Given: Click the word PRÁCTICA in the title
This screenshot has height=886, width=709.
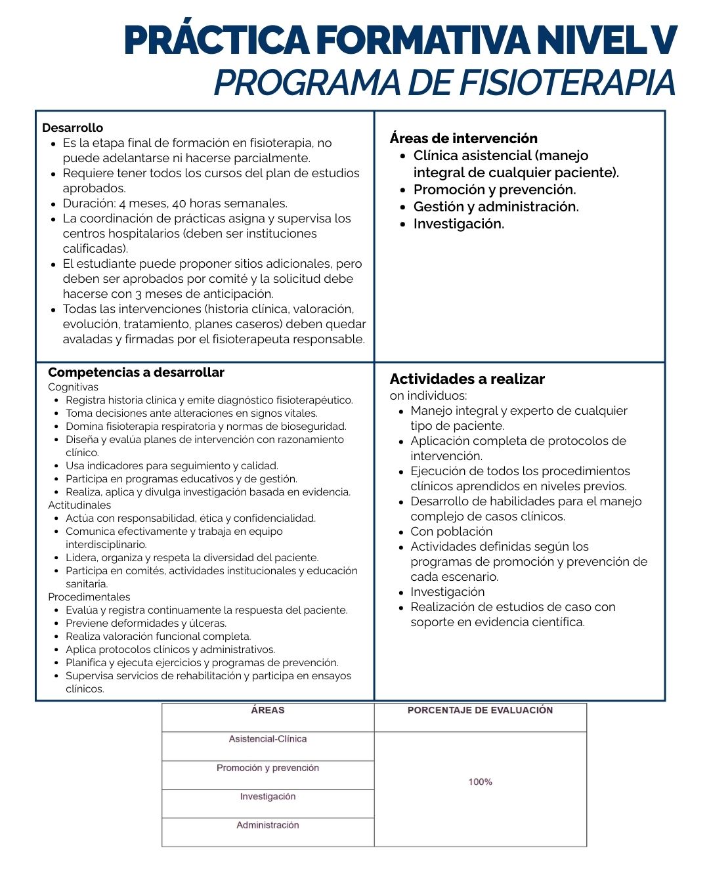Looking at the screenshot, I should point(217,41).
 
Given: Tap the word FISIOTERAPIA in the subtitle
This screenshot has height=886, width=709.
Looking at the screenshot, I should point(567,83).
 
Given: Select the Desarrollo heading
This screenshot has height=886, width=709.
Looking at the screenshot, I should point(72,128).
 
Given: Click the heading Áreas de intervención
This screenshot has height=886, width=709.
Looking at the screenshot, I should point(463,138).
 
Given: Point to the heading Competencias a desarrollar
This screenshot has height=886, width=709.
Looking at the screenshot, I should point(136,373).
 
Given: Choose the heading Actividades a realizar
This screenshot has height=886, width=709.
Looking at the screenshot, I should point(467,379).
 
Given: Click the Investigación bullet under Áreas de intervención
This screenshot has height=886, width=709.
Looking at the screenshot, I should point(458,224).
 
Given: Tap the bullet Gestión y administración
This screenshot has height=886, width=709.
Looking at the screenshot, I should point(496,207).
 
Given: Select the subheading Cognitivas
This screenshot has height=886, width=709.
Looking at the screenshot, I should point(73,387).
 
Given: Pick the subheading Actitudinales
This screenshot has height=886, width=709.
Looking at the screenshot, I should point(79,505).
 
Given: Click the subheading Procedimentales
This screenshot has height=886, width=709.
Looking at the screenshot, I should point(89,597).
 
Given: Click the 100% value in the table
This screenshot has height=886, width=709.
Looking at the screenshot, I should point(480,782).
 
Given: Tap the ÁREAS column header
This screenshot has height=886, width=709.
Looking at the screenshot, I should point(268,710).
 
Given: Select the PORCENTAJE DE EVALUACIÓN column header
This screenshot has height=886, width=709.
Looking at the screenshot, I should point(480,710).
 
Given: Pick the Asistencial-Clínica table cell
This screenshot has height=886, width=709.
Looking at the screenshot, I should point(268,739).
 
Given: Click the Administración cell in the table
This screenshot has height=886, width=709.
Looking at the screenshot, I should point(268,826).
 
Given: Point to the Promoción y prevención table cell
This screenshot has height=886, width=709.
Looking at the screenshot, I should point(268,768).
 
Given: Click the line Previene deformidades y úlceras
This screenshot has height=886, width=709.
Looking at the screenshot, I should point(146,623).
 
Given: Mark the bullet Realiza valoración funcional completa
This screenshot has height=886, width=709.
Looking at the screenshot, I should point(158,637).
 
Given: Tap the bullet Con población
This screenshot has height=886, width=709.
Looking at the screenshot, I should point(451,532).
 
